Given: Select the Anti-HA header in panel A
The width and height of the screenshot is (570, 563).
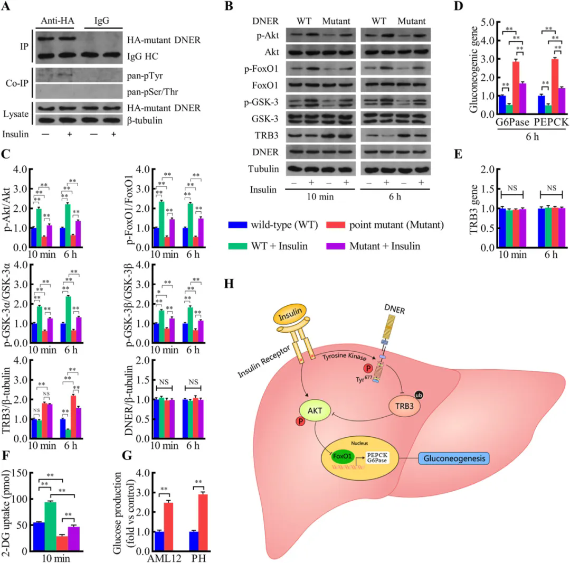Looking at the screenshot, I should (x=56, y=21).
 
